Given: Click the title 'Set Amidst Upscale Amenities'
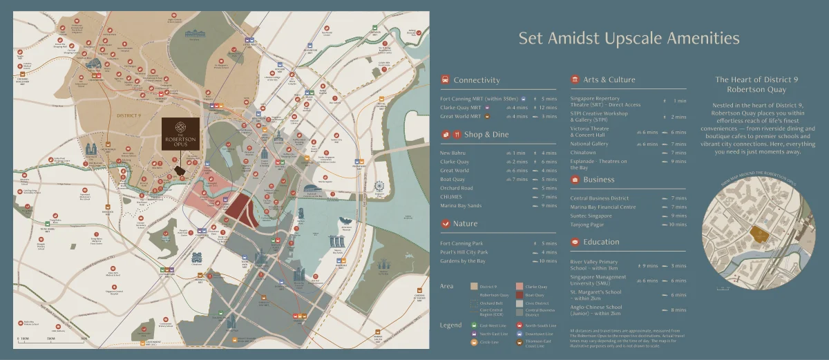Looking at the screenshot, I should [x=629, y=38].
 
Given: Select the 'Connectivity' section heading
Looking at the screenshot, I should [x=476, y=80].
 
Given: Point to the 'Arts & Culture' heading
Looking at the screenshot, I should [x=609, y=79].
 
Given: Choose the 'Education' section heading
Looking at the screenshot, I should [x=601, y=242].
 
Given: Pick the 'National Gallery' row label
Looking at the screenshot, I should [x=589, y=144].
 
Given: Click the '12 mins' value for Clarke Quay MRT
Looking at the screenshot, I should [x=549, y=107].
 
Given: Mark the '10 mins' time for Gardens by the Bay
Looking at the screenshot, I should [x=549, y=260].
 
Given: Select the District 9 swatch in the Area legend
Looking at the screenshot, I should [x=474, y=285].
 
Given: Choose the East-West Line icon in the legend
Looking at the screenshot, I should [x=474, y=325].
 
